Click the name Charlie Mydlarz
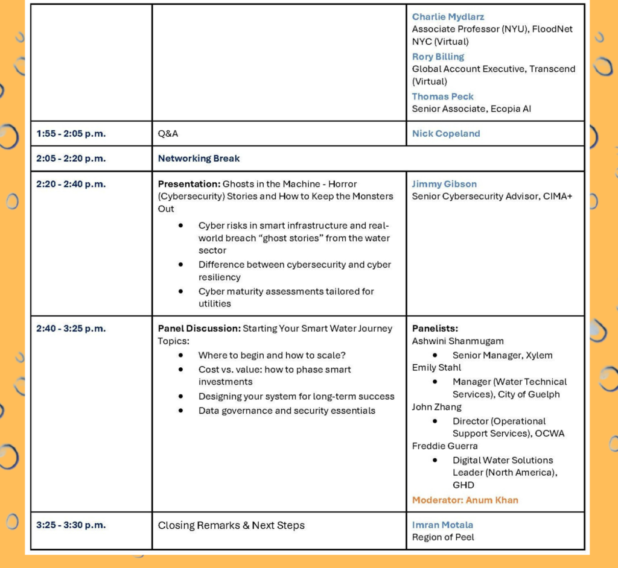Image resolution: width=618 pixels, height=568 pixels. click(x=448, y=17)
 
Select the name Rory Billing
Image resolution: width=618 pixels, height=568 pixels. click(x=438, y=57)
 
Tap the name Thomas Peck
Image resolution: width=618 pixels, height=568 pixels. click(x=442, y=96)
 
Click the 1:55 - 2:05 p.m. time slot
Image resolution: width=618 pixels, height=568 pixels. click(x=71, y=134)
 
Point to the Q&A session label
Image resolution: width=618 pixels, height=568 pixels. click(x=168, y=134)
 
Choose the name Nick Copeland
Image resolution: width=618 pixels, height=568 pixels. click(x=446, y=134)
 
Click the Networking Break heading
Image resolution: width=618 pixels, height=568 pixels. click(x=199, y=159)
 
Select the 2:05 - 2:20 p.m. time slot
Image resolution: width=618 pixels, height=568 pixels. click(x=71, y=159)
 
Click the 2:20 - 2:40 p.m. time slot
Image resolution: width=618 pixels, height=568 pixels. click(x=71, y=184)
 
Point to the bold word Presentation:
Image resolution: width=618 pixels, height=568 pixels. click(x=189, y=184)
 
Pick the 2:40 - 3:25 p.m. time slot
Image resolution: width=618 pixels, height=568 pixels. click(x=71, y=329)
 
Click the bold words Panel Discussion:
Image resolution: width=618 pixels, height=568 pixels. click(x=199, y=329)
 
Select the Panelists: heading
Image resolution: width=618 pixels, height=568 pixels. click(x=435, y=329)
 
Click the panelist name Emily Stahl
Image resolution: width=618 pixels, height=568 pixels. click(x=436, y=367)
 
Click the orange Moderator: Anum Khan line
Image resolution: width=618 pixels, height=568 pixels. click(x=465, y=500)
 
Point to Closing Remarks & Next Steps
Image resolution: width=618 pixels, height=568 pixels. click(x=231, y=525)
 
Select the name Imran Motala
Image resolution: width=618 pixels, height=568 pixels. click(x=442, y=525)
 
